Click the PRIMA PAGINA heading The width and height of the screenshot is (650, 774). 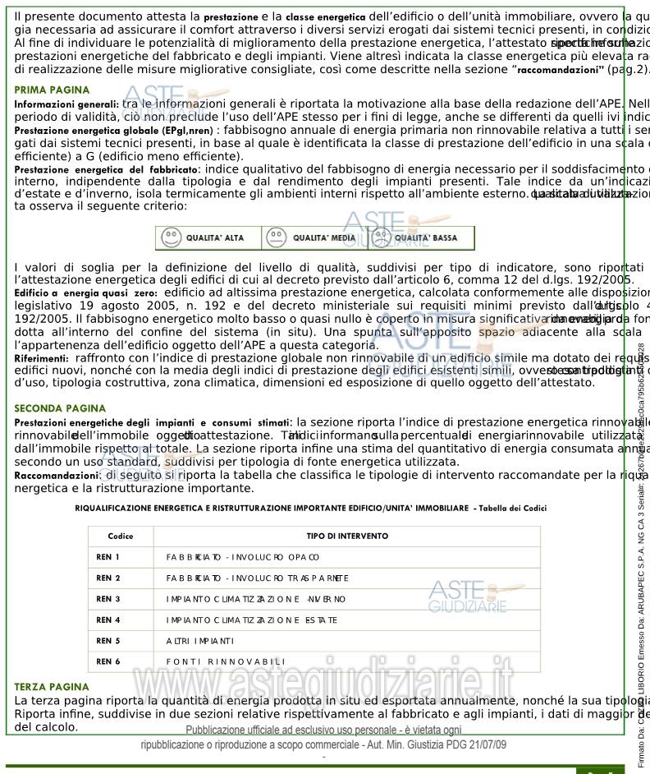pyautogui.click(x=46, y=89)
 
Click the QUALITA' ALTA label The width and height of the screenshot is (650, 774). pyautogui.click(x=214, y=237)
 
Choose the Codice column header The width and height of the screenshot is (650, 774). pyautogui.click(x=120, y=536)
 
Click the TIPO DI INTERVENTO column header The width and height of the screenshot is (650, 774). pyautogui.click(x=347, y=536)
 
